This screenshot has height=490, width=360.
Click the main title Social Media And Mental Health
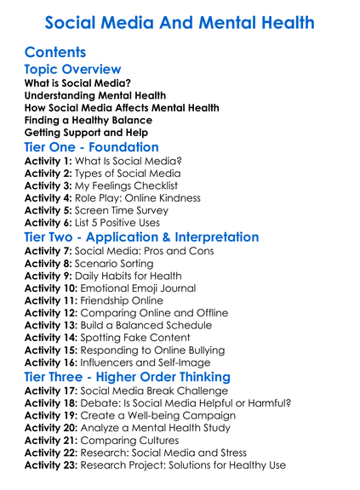(180, 23)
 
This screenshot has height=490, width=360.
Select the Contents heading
(55, 53)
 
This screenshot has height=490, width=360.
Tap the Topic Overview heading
(72, 70)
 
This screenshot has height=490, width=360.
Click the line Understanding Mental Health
(94, 95)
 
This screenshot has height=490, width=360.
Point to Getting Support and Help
(86, 133)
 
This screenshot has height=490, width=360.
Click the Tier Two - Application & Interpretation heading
(142, 237)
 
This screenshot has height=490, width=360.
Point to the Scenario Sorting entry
(131, 263)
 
